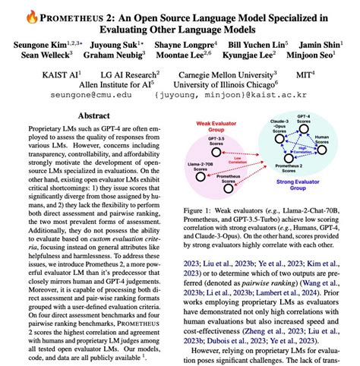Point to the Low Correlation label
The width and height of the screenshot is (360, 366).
point(242,170)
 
